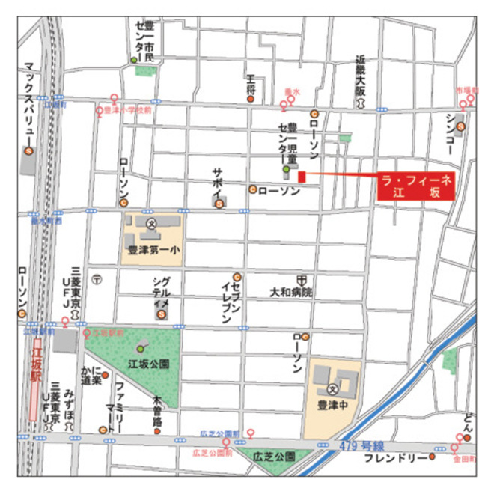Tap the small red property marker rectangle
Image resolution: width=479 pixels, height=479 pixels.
[x=302, y=177]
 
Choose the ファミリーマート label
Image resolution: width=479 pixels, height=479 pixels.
[x=119, y=403]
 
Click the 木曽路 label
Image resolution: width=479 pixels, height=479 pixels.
[x=157, y=411]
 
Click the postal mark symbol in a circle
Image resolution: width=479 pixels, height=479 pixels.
[x=97, y=279]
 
